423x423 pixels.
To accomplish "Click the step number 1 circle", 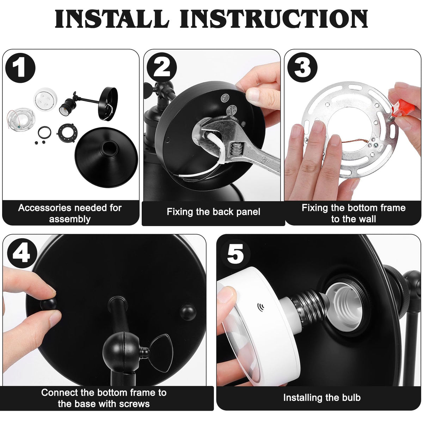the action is (x=20, y=68).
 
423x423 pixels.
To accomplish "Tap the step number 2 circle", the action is (x=161, y=67).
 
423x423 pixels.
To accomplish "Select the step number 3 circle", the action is (x=302, y=67).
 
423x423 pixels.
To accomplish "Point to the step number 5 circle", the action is (x=236, y=254).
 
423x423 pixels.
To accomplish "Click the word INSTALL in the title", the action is (x=112, y=19).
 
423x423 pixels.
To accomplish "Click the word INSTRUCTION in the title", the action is (x=274, y=19).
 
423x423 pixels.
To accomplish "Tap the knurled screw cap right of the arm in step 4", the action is (x=188, y=312).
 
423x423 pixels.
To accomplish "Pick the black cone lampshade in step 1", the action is (x=106, y=157).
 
